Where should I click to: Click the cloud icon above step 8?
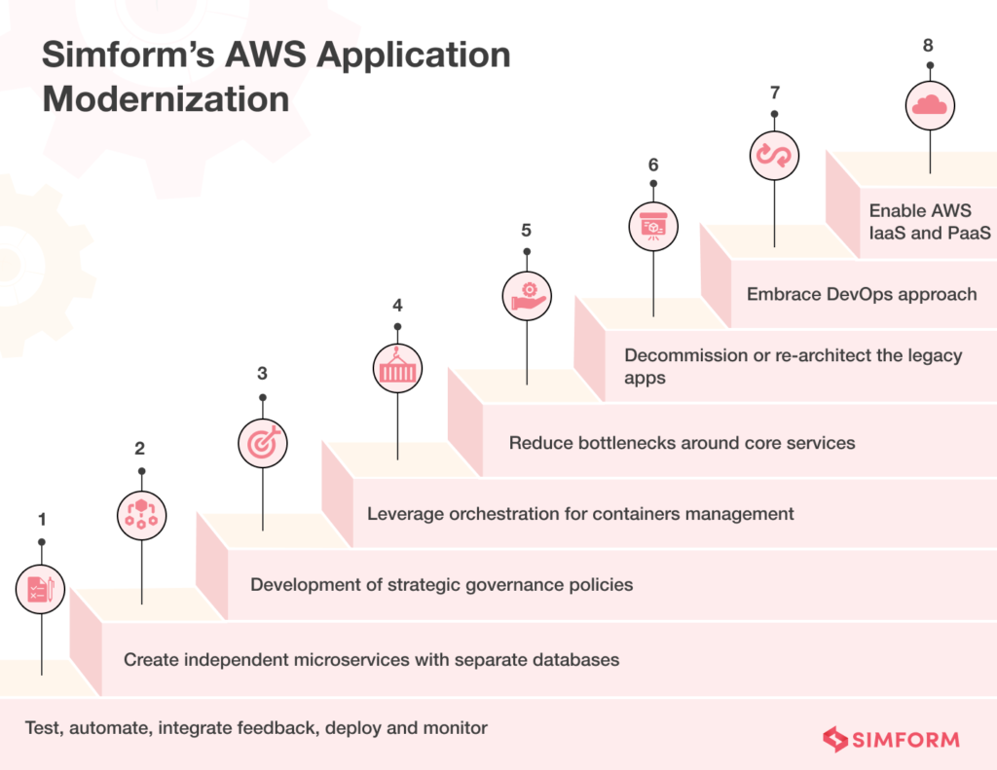(x=930, y=105)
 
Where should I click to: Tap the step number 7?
(x=775, y=92)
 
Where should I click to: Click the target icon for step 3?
(x=263, y=442)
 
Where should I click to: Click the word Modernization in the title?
(x=166, y=99)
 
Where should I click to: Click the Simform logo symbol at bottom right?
(x=834, y=740)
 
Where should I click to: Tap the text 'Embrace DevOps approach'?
(x=862, y=293)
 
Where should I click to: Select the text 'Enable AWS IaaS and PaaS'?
(x=929, y=221)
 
